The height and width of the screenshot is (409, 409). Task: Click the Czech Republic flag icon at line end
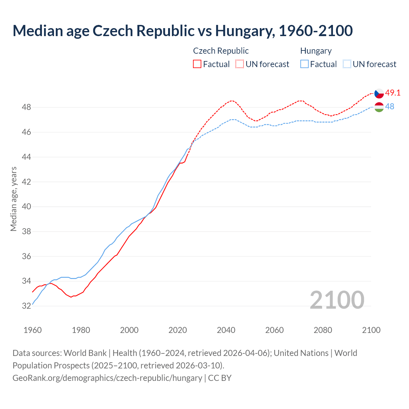pos(379,93)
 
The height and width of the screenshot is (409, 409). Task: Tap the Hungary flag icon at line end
pos(379,107)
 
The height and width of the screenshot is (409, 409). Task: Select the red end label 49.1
pos(393,93)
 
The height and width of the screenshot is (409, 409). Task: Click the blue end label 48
pos(390,107)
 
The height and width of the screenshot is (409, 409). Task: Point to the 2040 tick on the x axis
pos(226,330)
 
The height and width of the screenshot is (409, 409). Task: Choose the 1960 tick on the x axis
pos(33,330)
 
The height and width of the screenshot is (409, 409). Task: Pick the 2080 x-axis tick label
pos(323,330)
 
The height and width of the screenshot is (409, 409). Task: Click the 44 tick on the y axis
pos(27,157)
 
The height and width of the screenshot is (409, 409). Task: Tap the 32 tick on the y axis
pos(27,306)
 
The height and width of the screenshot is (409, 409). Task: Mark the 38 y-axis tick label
pos(27,231)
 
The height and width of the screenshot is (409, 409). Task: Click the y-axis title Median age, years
pos(13,199)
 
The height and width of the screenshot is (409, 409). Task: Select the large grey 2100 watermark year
pos(337,300)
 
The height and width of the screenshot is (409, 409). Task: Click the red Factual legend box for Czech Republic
pos(197,64)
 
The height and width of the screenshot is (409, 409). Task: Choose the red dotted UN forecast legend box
pos(240,64)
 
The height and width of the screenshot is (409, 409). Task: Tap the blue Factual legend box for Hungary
pos(305,64)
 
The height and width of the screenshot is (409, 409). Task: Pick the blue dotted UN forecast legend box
pos(347,64)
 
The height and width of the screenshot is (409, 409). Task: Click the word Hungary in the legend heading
pos(316,51)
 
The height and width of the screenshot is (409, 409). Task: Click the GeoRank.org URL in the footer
pos(107,378)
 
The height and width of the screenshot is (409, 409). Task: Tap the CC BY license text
pos(220,378)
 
